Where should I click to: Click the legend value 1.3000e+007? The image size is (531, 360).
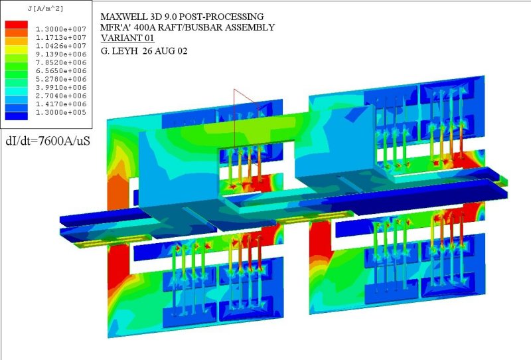coord(61,29)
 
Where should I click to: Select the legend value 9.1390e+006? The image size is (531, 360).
coord(61,54)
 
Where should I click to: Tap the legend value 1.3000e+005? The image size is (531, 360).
coord(61,112)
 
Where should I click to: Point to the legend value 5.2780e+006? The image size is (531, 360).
coord(61,79)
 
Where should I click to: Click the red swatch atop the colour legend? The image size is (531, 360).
coord(16,25)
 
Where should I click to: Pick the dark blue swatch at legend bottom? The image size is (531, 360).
coord(16,116)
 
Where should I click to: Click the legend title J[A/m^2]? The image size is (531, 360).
coord(45,9)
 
